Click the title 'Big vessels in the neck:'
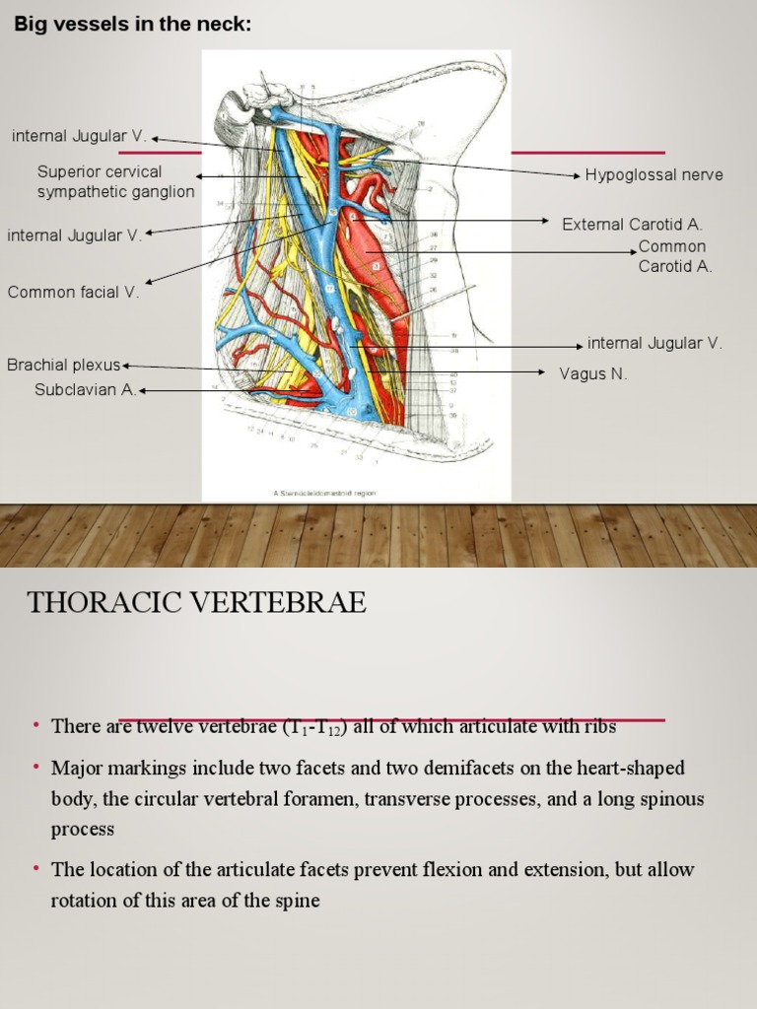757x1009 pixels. pyautogui.click(x=132, y=25)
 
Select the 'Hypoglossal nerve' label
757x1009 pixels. pyautogui.click(x=654, y=175)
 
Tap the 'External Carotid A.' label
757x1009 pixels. pyautogui.click(x=632, y=225)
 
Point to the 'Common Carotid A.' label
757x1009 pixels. pyautogui.click(x=674, y=256)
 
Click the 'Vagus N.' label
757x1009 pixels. pyautogui.click(x=593, y=374)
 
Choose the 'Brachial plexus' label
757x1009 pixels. pyautogui.click(x=63, y=366)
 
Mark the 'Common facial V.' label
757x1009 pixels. pyautogui.click(x=73, y=292)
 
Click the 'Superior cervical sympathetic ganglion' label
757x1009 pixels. pyautogui.click(x=115, y=182)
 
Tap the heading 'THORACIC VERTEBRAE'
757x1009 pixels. pyautogui.click(x=196, y=603)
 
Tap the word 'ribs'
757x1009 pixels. pyautogui.click(x=598, y=727)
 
